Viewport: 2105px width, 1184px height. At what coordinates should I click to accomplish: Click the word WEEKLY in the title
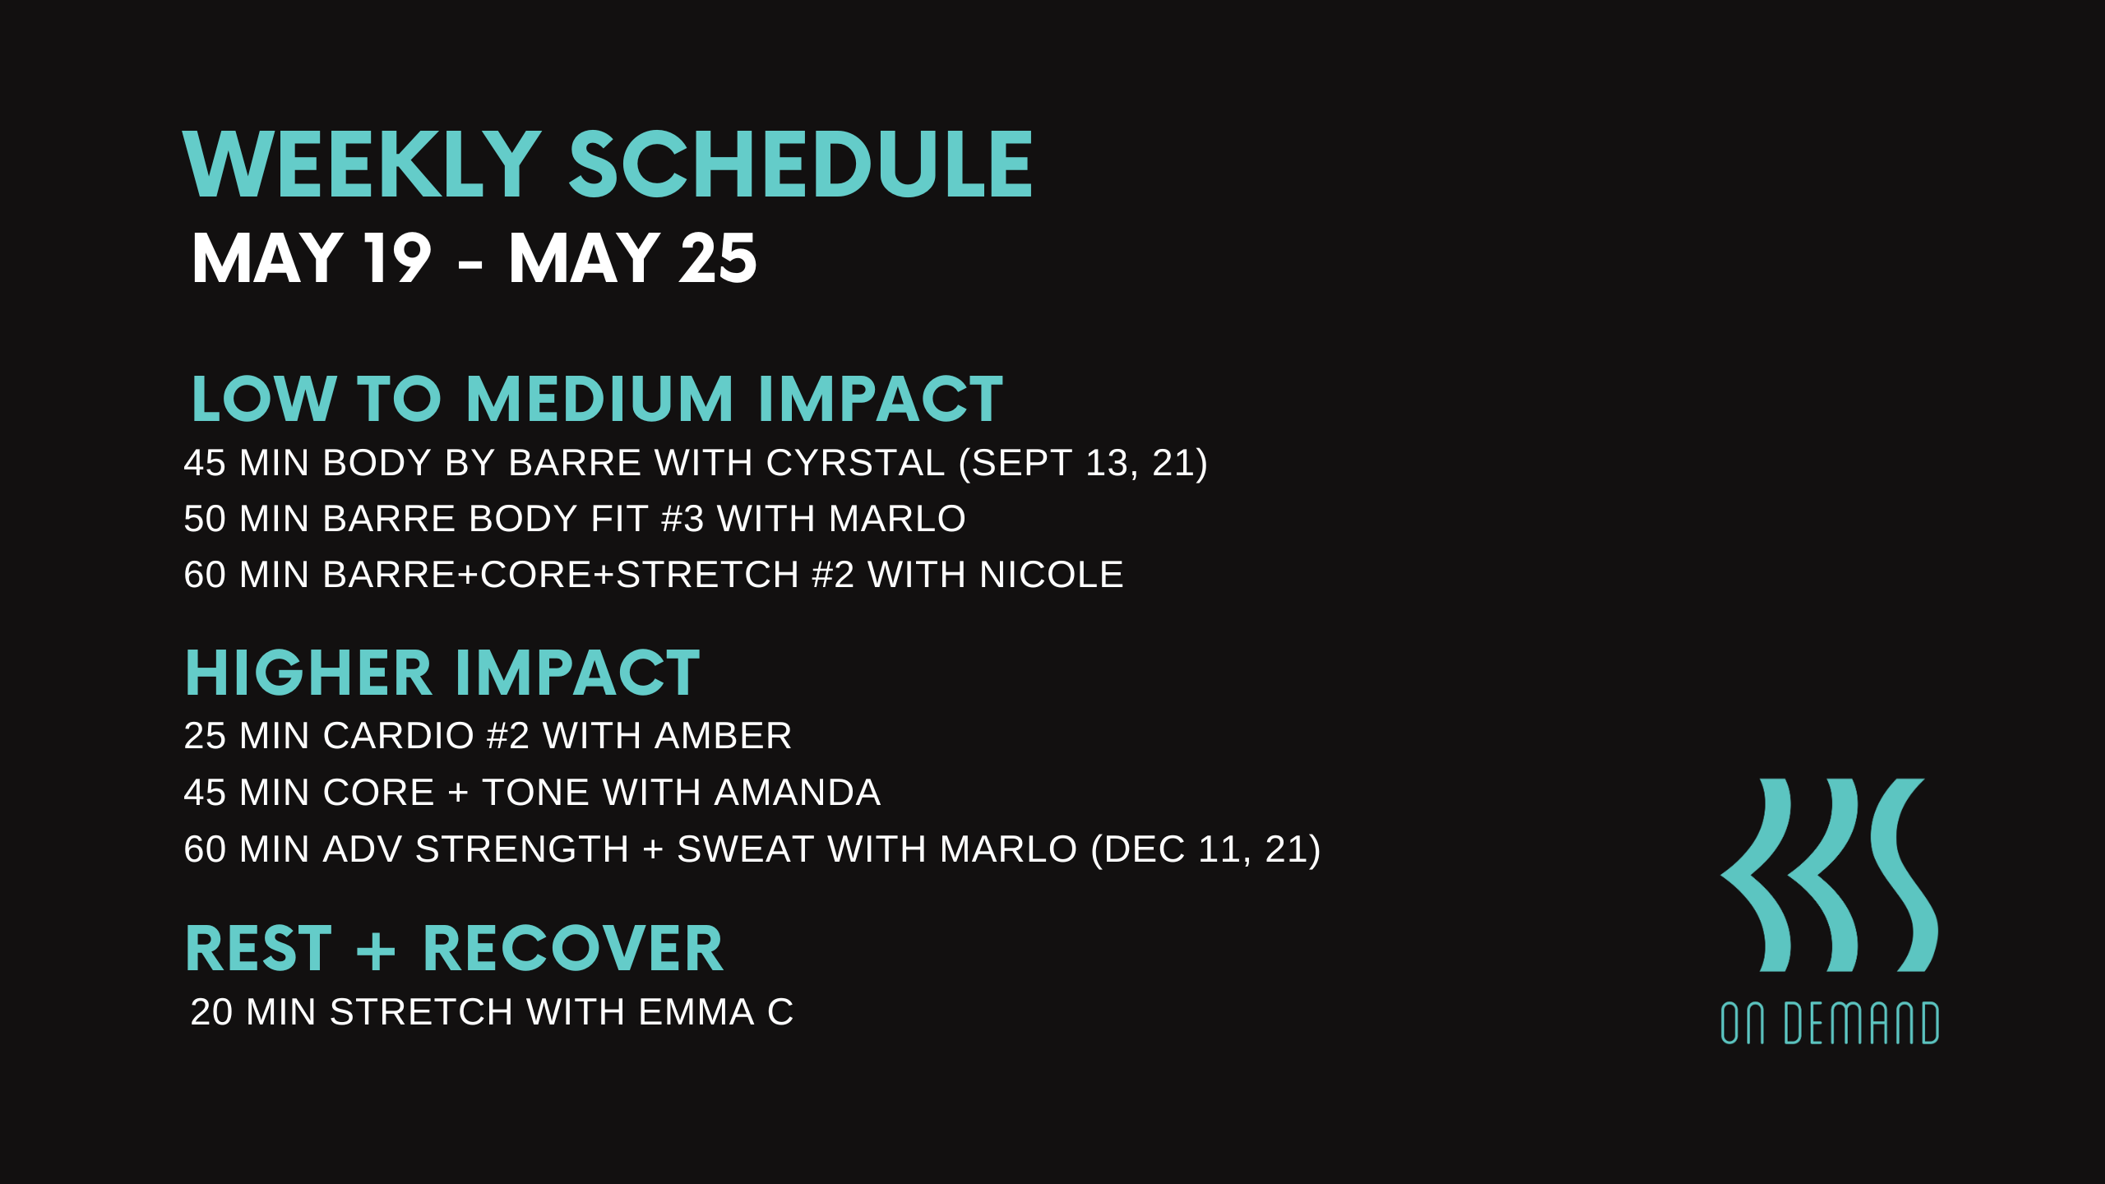(x=362, y=165)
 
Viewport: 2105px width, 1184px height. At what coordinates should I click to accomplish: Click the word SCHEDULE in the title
(x=801, y=165)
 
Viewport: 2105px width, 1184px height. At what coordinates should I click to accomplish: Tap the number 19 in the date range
(x=398, y=258)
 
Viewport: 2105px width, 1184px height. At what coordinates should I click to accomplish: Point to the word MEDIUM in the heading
(x=599, y=400)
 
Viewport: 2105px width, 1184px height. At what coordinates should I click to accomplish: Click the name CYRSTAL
(x=855, y=463)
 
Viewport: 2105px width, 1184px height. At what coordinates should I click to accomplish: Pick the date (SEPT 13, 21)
(x=1083, y=463)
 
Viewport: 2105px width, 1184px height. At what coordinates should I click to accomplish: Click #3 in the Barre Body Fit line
(x=682, y=519)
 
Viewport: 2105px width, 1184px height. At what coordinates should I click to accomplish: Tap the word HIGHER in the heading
(x=308, y=673)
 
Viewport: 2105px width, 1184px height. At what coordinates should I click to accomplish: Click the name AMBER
(x=723, y=736)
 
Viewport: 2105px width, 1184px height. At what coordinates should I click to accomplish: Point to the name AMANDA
(x=797, y=793)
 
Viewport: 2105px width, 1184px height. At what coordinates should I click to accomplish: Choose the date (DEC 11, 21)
(x=1205, y=849)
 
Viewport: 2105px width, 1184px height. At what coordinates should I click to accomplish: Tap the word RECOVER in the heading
(x=572, y=949)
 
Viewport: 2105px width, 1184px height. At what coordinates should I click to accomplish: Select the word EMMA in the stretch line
(x=696, y=1012)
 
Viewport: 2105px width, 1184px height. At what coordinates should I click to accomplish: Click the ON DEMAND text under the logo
(x=1830, y=1024)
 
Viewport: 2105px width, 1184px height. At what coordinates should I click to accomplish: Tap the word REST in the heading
(x=258, y=949)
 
